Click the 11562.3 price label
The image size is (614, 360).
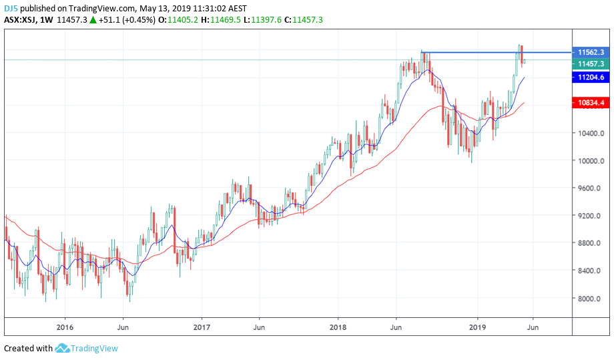591,51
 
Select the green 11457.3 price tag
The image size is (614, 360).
591,64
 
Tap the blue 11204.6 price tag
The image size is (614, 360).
591,77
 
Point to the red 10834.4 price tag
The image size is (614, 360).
591,103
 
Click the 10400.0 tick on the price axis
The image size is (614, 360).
591,134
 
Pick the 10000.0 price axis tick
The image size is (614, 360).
591,161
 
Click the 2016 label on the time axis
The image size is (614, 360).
65,327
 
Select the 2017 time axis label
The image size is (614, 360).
202,327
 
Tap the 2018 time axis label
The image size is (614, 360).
338,327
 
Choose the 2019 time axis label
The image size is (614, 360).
476,327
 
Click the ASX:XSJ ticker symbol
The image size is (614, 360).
20,20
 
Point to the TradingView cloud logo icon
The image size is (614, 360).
62,348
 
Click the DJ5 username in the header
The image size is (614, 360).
11,9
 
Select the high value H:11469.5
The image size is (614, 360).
224,20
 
